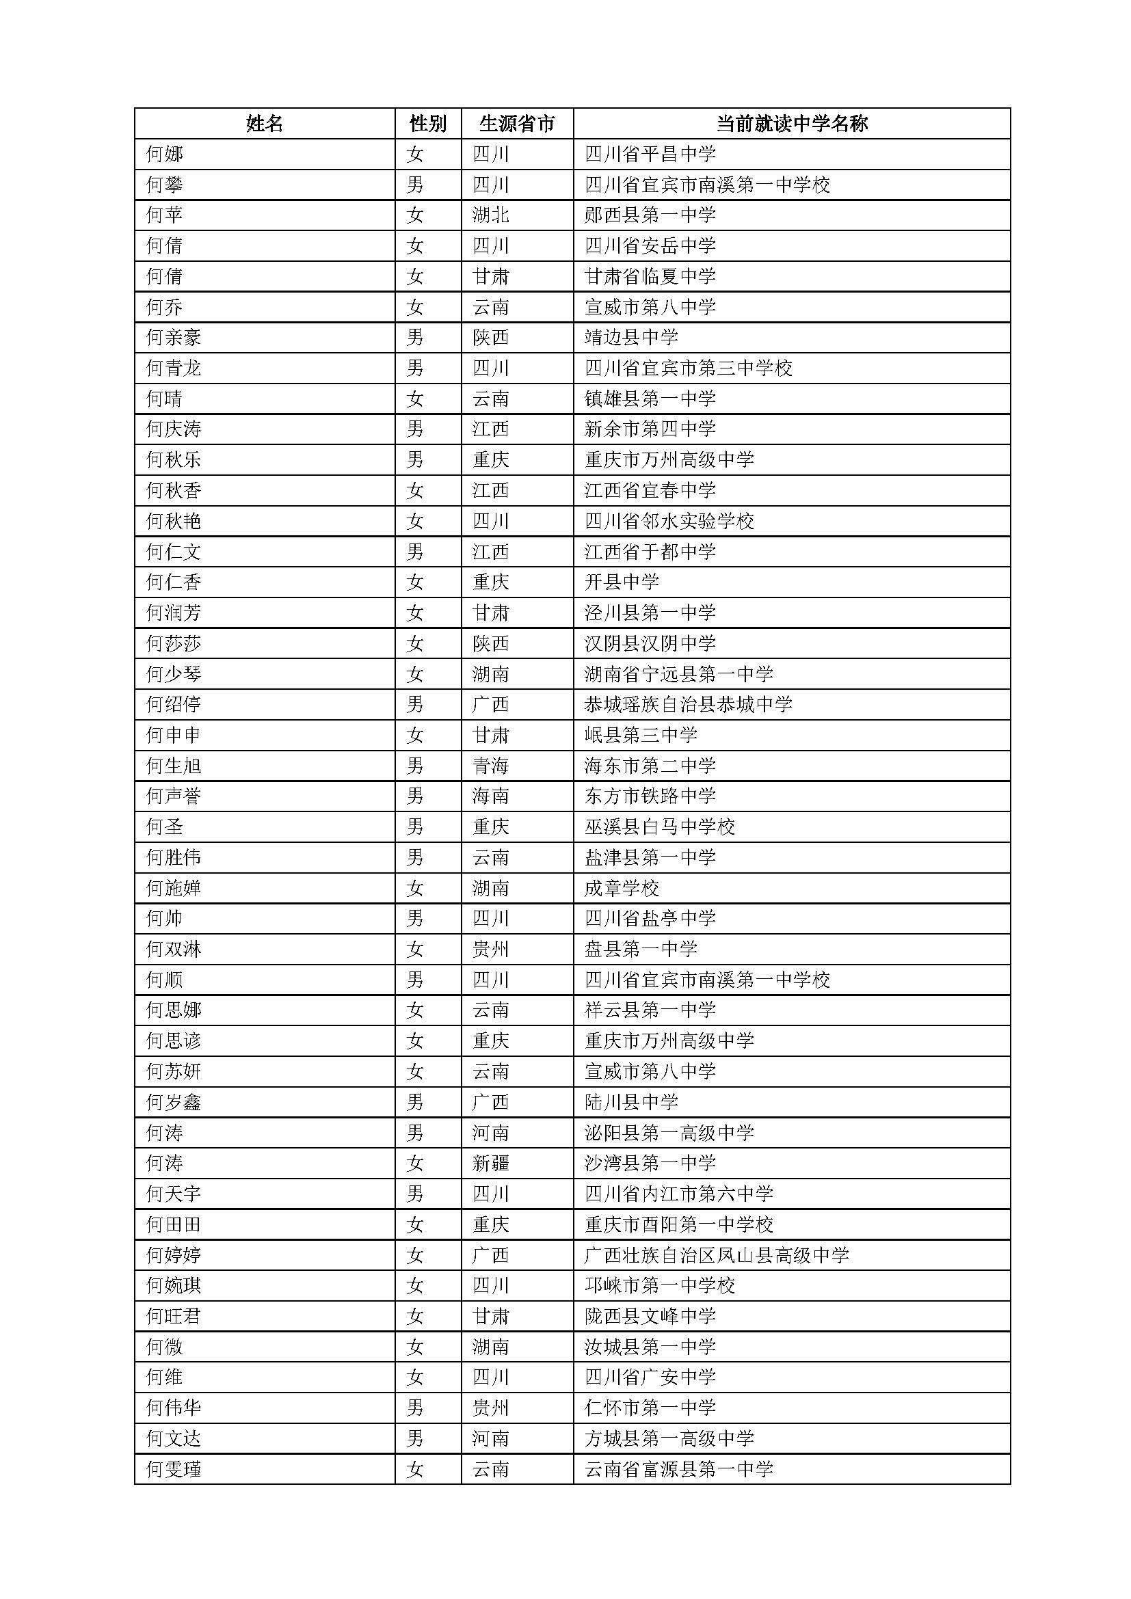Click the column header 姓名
[x=264, y=124]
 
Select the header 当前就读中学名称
[x=792, y=124]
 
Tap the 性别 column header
[x=427, y=124]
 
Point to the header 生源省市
[x=517, y=124]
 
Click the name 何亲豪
[x=174, y=338]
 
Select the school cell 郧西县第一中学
[x=650, y=215]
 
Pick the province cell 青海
[x=490, y=766]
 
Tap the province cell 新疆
[x=490, y=1163]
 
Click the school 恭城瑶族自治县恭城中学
[x=688, y=705]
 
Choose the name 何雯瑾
[x=174, y=1470]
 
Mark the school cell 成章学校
[x=621, y=888]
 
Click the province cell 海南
[x=490, y=796]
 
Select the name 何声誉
[x=174, y=796]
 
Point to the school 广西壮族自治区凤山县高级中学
[x=717, y=1255]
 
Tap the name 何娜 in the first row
[x=164, y=154]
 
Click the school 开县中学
[x=621, y=582]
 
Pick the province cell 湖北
[x=490, y=215]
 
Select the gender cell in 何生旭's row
[x=415, y=766]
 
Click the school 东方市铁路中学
[x=650, y=796]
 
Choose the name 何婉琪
[x=174, y=1285]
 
